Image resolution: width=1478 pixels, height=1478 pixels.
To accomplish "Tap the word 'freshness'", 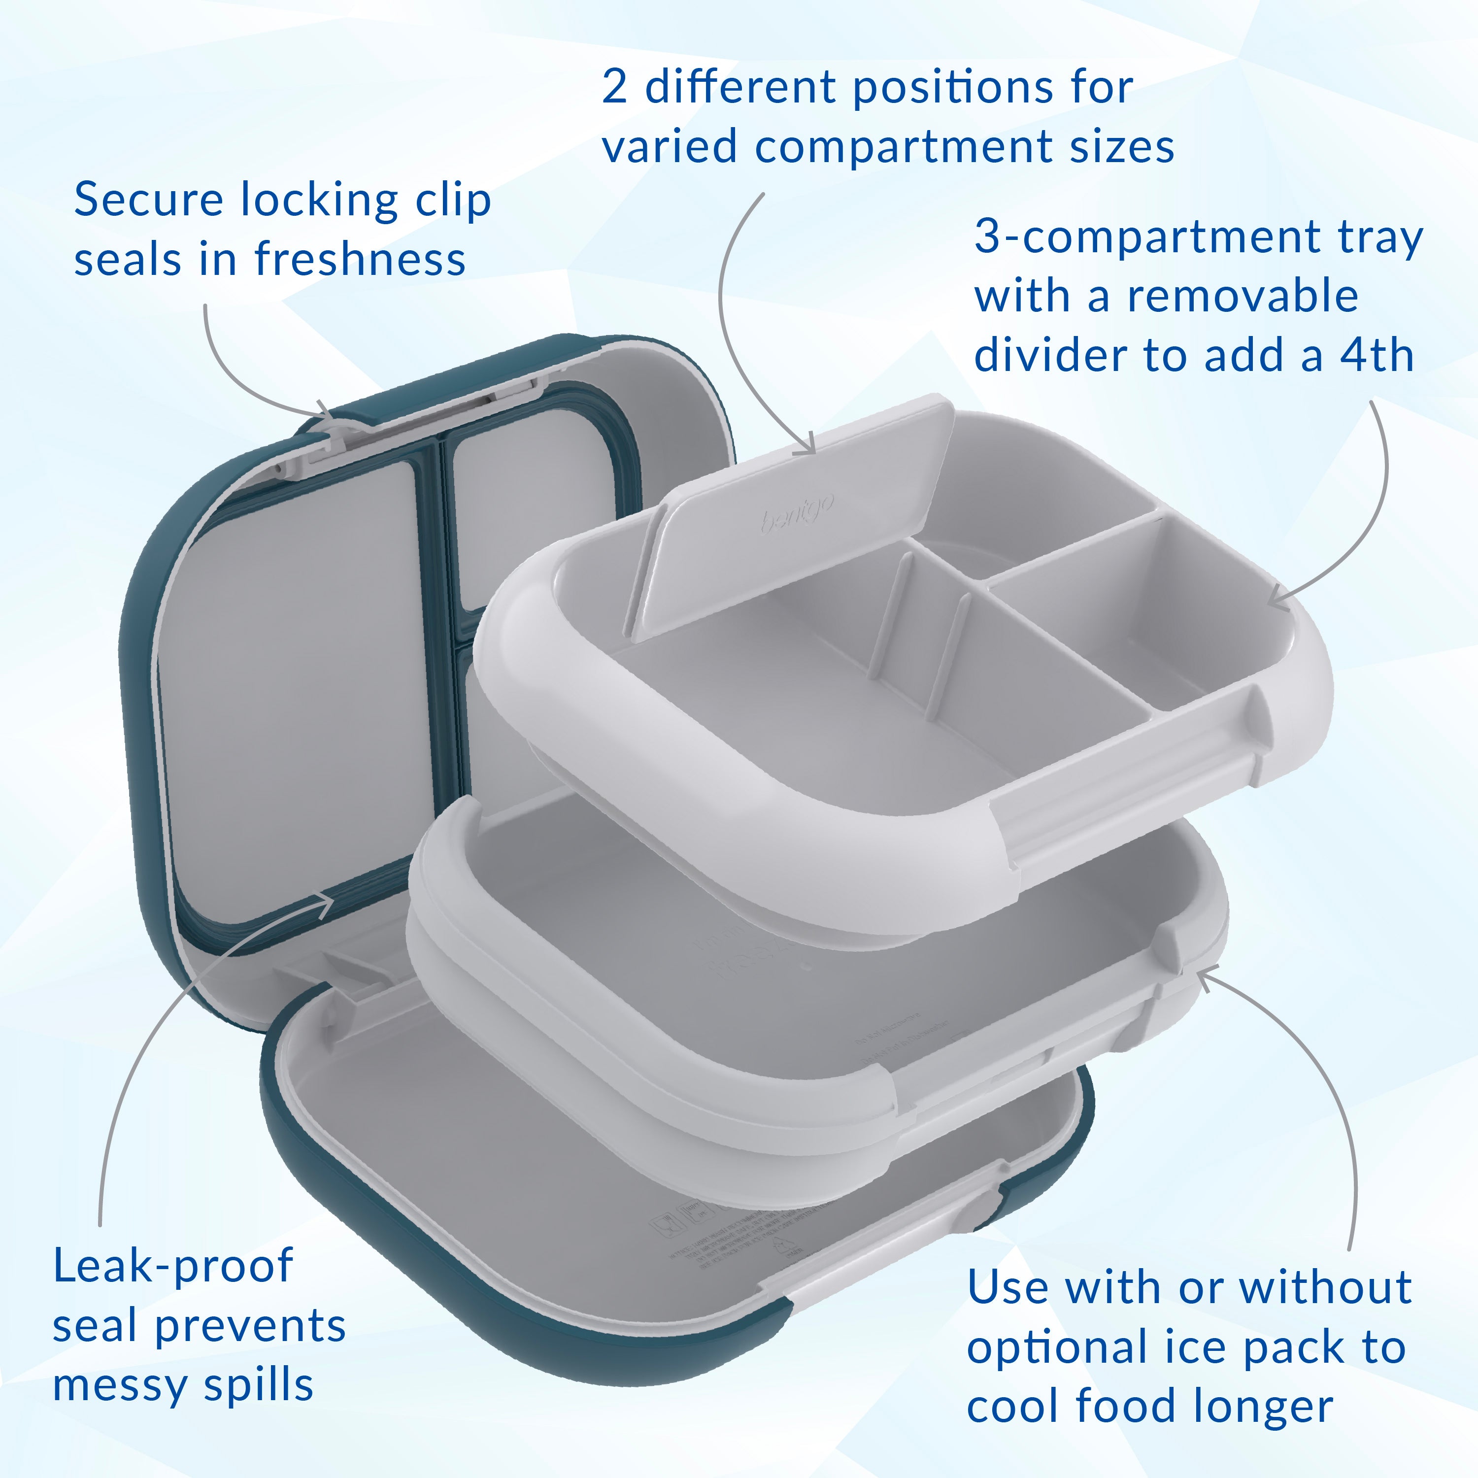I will click(360, 259).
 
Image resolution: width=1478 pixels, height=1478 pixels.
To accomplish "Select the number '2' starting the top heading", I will click(614, 88).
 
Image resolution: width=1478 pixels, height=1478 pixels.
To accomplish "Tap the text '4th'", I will click(1377, 356).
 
